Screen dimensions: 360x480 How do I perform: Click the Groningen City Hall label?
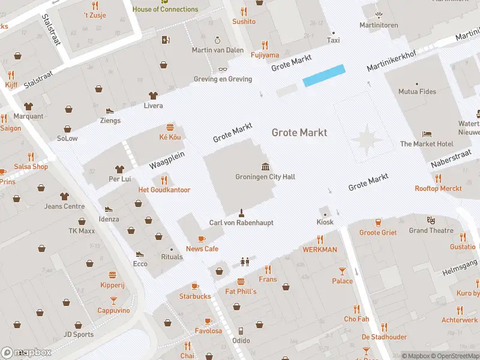[x=265, y=177]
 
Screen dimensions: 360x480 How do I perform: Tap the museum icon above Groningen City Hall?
[x=265, y=166]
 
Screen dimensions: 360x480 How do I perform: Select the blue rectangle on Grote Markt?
[x=324, y=76]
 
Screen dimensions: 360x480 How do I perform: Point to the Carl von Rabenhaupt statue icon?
[x=241, y=212]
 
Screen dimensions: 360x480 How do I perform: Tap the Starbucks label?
[x=195, y=296]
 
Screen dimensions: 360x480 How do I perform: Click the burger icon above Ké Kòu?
[x=170, y=127]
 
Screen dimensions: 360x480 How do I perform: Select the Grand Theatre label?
[x=431, y=230]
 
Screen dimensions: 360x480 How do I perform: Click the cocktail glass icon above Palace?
[x=342, y=271]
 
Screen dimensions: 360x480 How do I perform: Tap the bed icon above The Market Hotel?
[x=427, y=134]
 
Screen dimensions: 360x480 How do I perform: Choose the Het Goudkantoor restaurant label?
[x=164, y=190]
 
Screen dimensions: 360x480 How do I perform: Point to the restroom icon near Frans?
[x=244, y=262]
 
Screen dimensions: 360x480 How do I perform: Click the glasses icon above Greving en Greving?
[x=222, y=70]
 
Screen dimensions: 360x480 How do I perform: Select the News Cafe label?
[x=202, y=249]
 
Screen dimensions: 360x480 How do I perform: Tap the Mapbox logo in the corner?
[x=26, y=352]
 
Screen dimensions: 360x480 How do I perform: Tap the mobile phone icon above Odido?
[x=241, y=331]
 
